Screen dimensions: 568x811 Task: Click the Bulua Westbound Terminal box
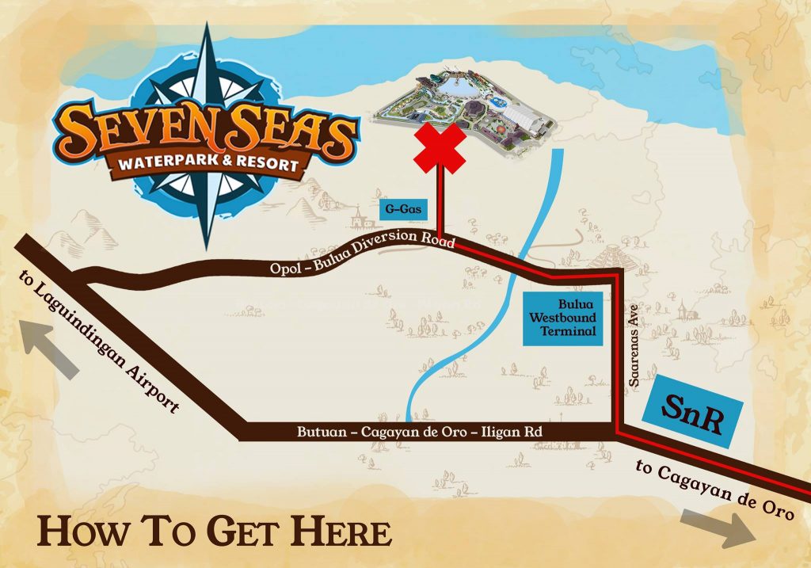point(562,318)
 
